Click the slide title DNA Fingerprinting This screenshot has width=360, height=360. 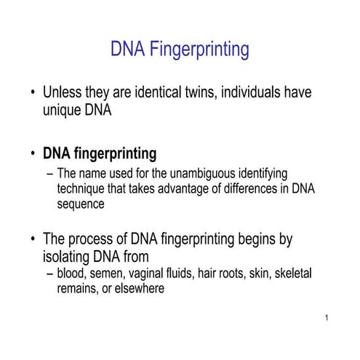180,49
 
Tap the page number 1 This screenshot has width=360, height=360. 329,319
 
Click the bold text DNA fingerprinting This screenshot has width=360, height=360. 100,153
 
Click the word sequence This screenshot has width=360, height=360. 81,204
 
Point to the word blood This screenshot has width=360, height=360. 72,273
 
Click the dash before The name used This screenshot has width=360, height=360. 49,175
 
